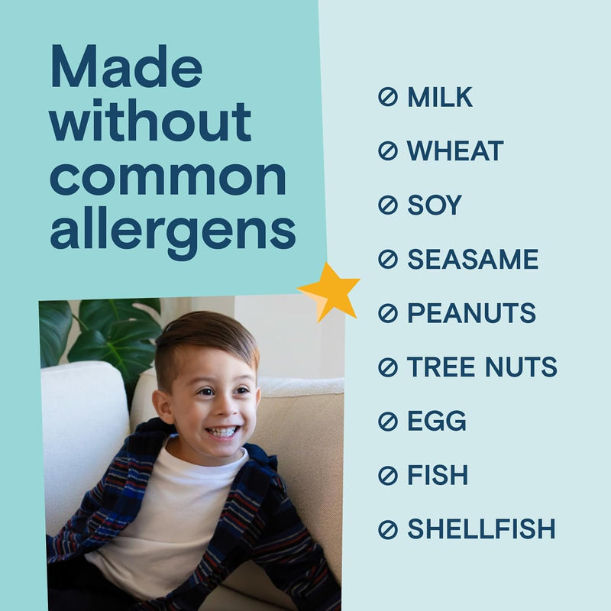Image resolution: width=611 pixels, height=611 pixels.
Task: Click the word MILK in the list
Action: (x=439, y=97)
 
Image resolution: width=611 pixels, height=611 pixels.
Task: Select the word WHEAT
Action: (x=454, y=151)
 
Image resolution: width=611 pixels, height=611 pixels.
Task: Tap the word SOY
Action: (x=434, y=205)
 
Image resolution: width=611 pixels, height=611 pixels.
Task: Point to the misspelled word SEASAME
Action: (x=472, y=260)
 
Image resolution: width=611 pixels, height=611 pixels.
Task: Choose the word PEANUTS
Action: (x=471, y=313)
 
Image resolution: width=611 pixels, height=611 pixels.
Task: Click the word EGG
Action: (x=436, y=421)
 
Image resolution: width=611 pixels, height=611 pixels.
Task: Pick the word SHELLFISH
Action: (x=481, y=529)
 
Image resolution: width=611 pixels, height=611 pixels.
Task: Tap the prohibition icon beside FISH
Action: (x=388, y=475)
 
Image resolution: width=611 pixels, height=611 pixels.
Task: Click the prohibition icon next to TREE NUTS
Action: (x=388, y=367)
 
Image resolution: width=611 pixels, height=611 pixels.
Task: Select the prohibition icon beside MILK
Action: (x=388, y=97)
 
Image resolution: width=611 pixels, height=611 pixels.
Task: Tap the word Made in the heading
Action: (x=126, y=67)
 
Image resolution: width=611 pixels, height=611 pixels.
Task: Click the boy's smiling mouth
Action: (x=223, y=432)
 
